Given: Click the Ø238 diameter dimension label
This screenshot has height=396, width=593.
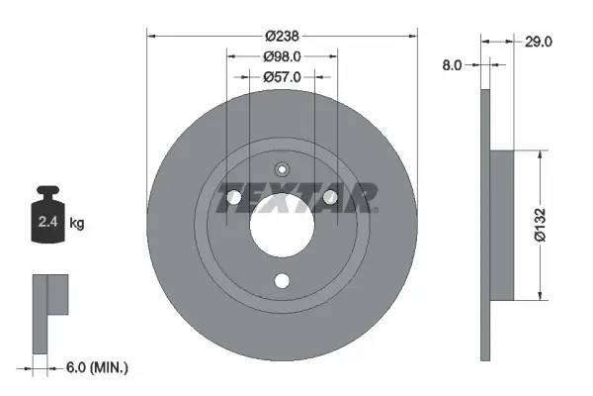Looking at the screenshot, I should pyautogui.click(x=282, y=36).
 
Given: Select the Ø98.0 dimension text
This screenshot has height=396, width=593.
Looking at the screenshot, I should pyautogui.click(x=282, y=56).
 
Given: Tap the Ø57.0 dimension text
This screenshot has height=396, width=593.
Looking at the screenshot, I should pyautogui.click(x=282, y=76).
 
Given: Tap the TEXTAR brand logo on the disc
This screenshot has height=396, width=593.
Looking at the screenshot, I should pyautogui.click(x=297, y=198).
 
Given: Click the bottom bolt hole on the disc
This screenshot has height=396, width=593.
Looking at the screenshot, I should pyautogui.click(x=282, y=281).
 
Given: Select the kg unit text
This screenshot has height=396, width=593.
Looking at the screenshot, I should pyautogui.click(x=77, y=224).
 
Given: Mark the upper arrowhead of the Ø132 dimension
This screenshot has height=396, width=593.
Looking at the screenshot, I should pyautogui.click(x=540, y=155).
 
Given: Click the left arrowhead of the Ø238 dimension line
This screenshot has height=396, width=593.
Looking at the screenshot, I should pyautogui.click(x=151, y=36).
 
